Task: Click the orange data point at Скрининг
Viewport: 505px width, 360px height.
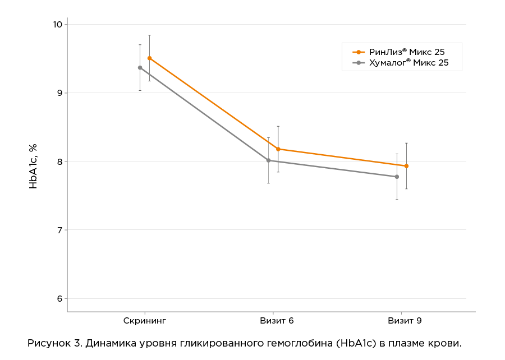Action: pos(149,58)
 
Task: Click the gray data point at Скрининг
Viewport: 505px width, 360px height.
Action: pos(140,67)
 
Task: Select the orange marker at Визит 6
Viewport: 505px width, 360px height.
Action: pos(278,149)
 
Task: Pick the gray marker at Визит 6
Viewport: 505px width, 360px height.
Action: pos(268,160)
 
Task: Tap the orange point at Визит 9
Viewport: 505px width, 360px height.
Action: pos(406,166)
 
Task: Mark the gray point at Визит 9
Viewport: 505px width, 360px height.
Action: pos(397,177)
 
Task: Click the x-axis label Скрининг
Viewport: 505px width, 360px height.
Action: pos(145,321)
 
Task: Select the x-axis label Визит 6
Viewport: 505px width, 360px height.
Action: pos(277,321)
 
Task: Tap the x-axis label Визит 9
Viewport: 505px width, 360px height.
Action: pos(405,321)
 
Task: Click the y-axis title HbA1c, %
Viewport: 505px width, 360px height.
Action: pos(34,165)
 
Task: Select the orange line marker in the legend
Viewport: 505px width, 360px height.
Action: pos(359,52)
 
